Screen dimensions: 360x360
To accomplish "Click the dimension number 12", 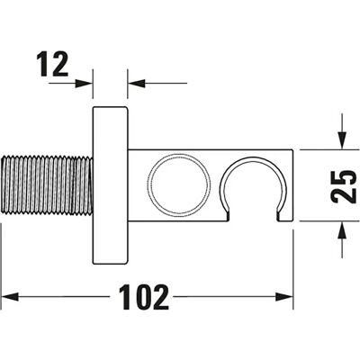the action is pyautogui.click(x=52, y=64).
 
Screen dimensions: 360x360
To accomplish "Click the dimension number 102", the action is pyautogui.click(x=144, y=297).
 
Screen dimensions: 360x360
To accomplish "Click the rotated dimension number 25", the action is pyautogui.click(x=343, y=186).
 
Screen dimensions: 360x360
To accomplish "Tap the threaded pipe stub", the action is pyautogui.click(x=47, y=185).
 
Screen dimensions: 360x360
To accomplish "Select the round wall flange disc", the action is pyautogui.click(x=110, y=185).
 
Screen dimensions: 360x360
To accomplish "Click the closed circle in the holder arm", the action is pyautogui.click(x=178, y=184).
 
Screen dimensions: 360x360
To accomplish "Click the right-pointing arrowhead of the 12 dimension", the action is pyautogui.click(x=84, y=83).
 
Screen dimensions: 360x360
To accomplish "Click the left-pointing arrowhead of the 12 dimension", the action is pyautogui.click(x=137, y=83).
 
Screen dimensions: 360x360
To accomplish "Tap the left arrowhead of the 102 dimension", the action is pyautogui.click(x=10, y=297).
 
